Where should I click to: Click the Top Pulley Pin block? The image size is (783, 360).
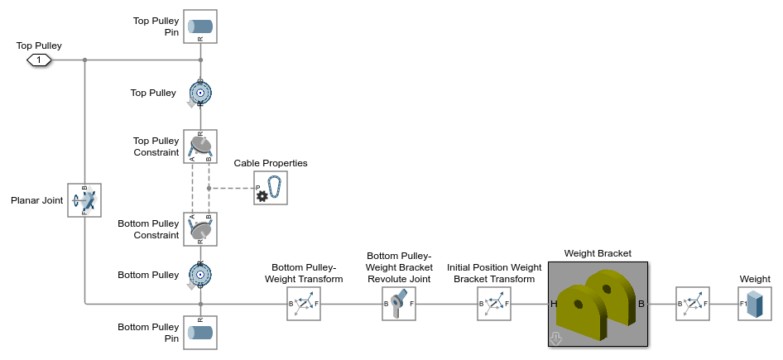[x=200, y=26]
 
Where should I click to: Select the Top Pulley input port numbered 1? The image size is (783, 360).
[x=39, y=60]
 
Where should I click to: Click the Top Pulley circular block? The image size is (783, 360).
[x=200, y=94]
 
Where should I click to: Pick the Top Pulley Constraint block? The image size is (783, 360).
[x=200, y=146]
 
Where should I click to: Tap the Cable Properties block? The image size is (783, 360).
[x=271, y=188]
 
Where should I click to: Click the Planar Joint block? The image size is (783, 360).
[x=84, y=200]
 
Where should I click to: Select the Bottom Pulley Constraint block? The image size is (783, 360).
[x=200, y=229]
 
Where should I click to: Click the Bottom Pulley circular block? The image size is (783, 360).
[x=200, y=275]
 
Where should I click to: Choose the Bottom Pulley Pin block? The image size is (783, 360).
[x=200, y=332]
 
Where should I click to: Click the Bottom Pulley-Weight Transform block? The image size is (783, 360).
[x=304, y=304]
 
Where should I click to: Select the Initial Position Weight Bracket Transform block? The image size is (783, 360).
[x=494, y=304]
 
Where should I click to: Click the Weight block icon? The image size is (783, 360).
[x=754, y=304]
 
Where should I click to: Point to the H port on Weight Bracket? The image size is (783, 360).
[x=554, y=304]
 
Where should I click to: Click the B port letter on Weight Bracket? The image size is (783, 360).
[x=641, y=304]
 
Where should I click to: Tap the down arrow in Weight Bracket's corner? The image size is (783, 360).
[x=555, y=338]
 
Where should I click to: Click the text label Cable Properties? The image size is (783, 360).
[x=271, y=163]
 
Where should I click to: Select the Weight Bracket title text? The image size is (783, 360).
[x=597, y=253]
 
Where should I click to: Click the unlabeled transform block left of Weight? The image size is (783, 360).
[x=692, y=304]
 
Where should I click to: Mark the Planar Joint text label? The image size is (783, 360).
[x=37, y=200]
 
